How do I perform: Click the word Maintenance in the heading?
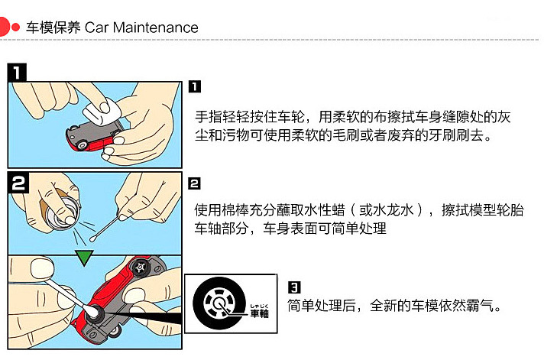(x=155, y=28)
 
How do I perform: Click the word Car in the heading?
(x=96, y=28)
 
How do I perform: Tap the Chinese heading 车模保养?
(x=53, y=28)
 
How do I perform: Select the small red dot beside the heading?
(x=15, y=27)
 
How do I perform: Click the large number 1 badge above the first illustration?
(x=17, y=73)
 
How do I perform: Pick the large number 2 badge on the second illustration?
(x=18, y=183)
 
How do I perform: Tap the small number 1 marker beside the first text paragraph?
(x=194, y=86)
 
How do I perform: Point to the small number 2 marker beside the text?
(x=194, y=183)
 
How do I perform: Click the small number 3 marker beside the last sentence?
(x=294, y=287)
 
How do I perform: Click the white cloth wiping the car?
(x=102, y=111)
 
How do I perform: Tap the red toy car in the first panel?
(x=93, y=136)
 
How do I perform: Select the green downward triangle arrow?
(x=84, y=258)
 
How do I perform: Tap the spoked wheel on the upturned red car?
(x=141, y=267)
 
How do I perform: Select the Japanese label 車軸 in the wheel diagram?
(x=259, y=313)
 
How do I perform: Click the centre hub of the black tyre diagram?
(x=219, y=303)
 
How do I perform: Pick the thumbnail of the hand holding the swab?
(x=42, y=268)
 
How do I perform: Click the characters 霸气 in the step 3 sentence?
(x=480, y=305)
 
